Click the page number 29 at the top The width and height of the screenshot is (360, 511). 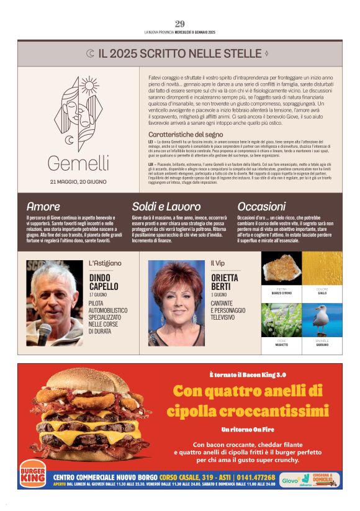(x=179, y=24)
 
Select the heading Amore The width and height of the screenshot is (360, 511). (x=43, y=206)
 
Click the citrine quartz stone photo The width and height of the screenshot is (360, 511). (x=281, y=269)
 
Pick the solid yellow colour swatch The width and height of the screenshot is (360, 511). (x=322, y=269)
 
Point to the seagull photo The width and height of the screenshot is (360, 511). (x=322, y=320)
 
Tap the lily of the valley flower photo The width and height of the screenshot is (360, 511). (x=281, y=320)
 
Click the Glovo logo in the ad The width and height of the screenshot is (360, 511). (x=290, y=480)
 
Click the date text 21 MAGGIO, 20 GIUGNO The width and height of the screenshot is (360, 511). (x=78, y=182)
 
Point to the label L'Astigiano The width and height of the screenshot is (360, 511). (x=105, y=263)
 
